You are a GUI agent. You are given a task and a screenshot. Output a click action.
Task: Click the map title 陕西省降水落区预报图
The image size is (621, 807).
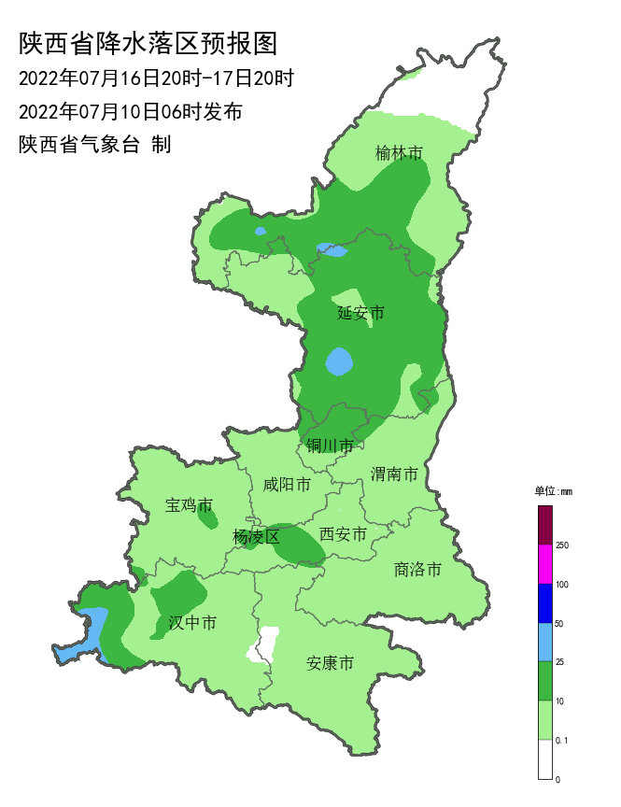[149, 44]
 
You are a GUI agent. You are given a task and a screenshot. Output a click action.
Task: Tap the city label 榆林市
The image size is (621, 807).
[400, 153]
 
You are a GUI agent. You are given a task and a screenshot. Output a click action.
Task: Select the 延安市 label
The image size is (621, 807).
[360, 313]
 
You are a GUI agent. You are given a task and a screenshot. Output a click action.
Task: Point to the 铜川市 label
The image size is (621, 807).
[330, 446]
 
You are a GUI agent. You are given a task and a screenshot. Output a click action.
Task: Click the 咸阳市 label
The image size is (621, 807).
[287, 484]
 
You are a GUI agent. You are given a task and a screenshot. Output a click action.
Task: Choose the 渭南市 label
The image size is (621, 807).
[394, 474]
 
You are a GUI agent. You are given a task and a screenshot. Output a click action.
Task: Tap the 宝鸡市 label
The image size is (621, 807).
[189, 505]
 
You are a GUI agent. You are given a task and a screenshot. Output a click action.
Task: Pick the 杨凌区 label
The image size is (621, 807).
[256, 537]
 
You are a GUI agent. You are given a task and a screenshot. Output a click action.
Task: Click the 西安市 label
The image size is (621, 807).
[343, 533]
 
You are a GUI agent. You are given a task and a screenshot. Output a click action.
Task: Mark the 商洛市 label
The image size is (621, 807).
[417, 569]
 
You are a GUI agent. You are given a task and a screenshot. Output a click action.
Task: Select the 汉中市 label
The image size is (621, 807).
[192, 622]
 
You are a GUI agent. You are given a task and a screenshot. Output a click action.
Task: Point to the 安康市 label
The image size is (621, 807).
[331, 664]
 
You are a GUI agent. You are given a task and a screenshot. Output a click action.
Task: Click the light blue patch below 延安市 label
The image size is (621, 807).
[339, 361]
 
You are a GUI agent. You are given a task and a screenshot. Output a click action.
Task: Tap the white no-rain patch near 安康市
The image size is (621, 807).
[265, 644]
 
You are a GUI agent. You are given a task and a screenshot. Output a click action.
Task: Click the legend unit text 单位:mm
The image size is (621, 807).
[553, 491]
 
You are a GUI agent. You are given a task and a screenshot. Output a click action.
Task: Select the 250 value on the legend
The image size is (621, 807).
[563, 545]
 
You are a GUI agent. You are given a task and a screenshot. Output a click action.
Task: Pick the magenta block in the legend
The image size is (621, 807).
[545, 564]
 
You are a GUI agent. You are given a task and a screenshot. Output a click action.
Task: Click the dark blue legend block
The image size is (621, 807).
[545, 603]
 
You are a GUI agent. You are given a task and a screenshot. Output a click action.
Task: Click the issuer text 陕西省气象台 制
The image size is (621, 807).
[94, 146]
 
